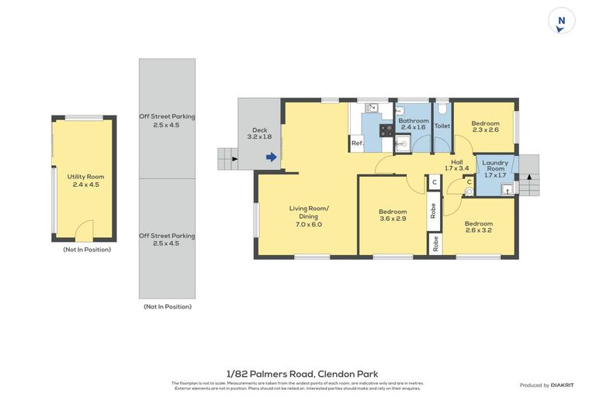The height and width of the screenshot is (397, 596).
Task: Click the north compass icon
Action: (561, 21)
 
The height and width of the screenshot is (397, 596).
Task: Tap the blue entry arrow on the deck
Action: (271, 157)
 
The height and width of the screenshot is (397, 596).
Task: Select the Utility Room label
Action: (85, 181)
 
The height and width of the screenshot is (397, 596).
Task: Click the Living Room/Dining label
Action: (309, 216)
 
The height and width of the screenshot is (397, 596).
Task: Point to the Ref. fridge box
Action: (357, 143)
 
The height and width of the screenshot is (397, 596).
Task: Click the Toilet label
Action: (442, 126)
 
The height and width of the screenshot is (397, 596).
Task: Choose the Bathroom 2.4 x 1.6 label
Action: (414, 125)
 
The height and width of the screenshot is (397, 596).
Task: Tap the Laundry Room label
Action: (495, 168)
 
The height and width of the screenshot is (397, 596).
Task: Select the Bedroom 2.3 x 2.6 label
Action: (485, 126)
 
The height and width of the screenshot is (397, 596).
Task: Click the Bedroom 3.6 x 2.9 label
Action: (393, 216)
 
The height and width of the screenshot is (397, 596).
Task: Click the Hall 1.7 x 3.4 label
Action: (456, 164)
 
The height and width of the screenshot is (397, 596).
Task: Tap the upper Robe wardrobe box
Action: (434, 210)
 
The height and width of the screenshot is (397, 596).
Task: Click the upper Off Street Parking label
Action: (167, 120)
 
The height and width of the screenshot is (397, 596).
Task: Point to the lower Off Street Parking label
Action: (167, 239)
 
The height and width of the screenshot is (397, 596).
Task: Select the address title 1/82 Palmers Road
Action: (298, 373)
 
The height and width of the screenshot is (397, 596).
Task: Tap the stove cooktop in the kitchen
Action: (386, 129)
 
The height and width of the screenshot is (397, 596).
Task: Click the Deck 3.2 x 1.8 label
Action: (260, 133)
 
